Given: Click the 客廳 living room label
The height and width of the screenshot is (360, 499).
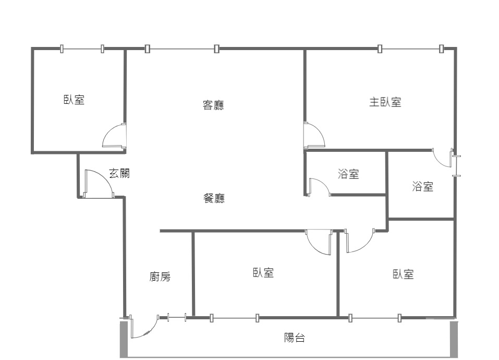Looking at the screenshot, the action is tap(213, 105).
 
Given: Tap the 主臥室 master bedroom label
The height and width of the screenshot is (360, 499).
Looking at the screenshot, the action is tap(385, 102).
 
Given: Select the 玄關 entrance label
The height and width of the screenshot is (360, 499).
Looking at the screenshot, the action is tap(119, 173).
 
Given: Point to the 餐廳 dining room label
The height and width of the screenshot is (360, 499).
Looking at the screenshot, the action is tap(214, 198).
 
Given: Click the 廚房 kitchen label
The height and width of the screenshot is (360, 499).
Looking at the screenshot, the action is tap(160, 277).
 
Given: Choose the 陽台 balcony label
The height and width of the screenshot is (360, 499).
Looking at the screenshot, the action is tap(295, 338).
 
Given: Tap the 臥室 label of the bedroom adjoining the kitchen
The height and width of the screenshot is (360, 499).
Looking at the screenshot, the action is tap(263, 273).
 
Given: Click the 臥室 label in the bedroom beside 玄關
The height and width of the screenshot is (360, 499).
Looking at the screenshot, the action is tap(74, 100).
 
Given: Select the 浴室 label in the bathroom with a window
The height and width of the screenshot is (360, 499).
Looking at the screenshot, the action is tap(423, 186).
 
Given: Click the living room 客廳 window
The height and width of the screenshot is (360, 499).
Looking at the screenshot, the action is tap(182, 49).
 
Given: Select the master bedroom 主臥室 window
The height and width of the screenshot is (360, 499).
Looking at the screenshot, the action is tap(410, 49).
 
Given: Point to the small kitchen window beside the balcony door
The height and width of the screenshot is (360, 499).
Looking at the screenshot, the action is tap(177, 317).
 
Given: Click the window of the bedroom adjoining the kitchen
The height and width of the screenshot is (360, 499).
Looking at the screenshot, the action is tap(235, 318).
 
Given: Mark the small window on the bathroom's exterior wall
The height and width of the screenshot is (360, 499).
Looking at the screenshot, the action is tap(457, 166).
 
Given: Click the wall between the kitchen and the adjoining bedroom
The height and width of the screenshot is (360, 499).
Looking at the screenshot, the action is tap(193, 274).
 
